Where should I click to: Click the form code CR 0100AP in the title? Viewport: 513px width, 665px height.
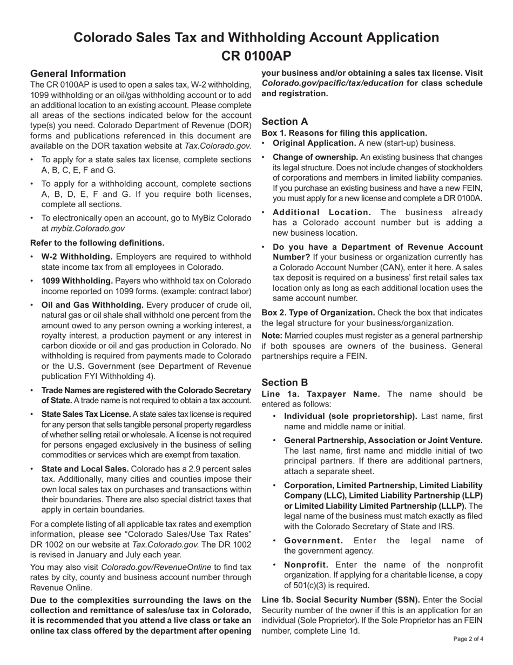coord(256,56)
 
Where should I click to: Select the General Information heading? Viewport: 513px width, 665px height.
coord(78,74)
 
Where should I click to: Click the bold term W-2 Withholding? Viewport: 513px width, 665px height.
coord(77,256)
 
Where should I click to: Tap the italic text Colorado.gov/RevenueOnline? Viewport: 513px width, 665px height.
coord(168,567)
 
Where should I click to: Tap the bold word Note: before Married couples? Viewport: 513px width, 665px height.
coord(274,336)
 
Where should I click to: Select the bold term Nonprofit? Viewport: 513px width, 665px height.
coord(306,564)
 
